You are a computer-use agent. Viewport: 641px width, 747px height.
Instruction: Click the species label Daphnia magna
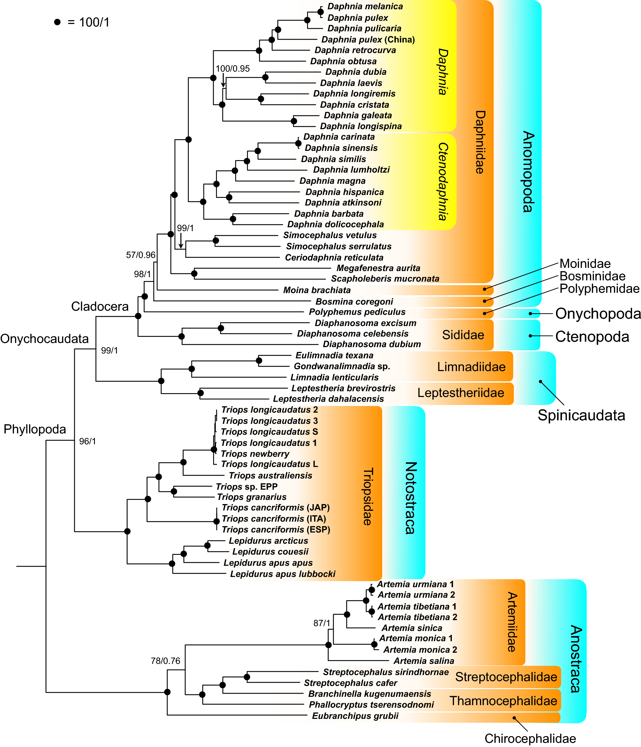tap(332, 181)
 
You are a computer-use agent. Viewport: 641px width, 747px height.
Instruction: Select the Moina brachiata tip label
tap(316, 290)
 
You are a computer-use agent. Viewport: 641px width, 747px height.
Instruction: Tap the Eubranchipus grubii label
tap(355, 716)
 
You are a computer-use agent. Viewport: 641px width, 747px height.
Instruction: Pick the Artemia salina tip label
tap(423, 660)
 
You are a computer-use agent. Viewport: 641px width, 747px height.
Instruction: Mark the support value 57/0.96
tap(141, 255)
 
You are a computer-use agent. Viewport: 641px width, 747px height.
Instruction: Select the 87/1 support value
tap(321, 623)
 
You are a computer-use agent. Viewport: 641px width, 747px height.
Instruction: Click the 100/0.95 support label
tap(232, 68)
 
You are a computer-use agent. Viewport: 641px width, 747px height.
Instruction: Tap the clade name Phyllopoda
tap(35, 429)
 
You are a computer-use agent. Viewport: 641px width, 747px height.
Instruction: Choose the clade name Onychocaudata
tap(44, 338)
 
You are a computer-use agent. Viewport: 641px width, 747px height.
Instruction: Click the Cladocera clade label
tap(100, 306)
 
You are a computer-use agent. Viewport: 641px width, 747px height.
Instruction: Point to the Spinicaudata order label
tap(581, 415)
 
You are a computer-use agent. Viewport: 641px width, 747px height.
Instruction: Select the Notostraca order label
tap(410, 497)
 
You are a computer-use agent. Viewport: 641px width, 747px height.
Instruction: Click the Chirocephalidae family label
tap(530, 738)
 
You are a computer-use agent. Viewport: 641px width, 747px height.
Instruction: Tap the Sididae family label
tap(463, 335)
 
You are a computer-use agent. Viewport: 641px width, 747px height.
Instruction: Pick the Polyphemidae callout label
tap(599, 288)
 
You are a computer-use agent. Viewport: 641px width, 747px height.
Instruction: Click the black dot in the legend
tap(57, 22)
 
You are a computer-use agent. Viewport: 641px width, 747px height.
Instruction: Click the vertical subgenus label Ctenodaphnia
tap(443, 181)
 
